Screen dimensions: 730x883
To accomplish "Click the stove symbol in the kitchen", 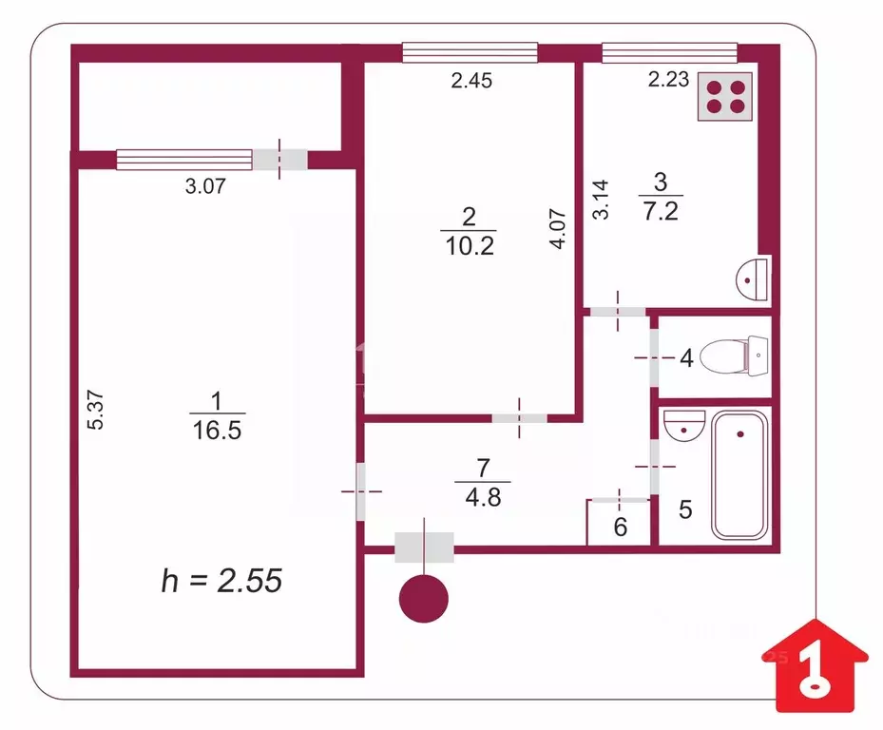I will click(726, 97).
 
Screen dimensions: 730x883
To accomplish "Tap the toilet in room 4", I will click(734, 356).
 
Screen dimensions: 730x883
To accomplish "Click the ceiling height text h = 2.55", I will click(221, 580).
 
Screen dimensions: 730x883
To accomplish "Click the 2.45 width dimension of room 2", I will click(470, 82).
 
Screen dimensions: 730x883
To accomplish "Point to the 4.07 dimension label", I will click(562, 229).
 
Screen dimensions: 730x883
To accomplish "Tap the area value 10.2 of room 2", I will click(469, 246).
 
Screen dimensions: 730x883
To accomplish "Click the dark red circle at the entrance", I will click(423, 600).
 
